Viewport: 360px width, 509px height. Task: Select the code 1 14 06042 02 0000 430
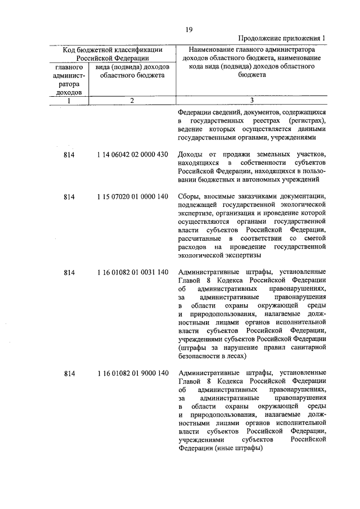coord(132,155)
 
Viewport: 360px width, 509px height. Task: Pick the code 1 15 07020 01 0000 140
coord(132,197)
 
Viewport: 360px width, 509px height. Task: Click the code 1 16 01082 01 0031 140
coord(132,273)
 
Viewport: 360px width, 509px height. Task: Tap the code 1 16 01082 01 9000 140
coord(132,373)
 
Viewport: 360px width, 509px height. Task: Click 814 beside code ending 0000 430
coord(69,155)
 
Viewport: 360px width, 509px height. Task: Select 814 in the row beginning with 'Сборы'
coord(69,197)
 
